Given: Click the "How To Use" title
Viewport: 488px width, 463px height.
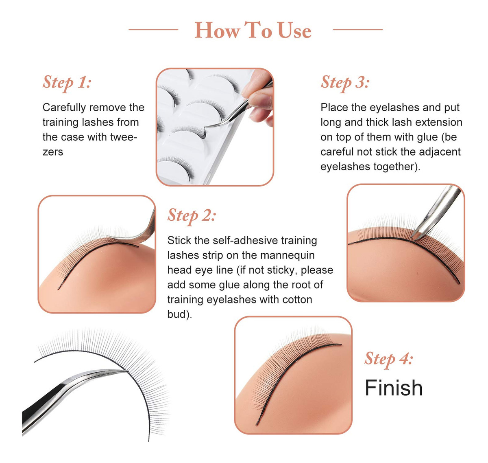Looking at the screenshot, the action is click(x=253, y=30).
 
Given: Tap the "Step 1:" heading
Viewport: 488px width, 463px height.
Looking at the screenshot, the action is click(x=67, y=82).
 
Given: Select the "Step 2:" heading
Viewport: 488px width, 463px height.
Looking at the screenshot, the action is click(x=192, y=215).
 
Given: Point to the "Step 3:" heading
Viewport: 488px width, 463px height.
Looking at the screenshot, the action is click(x=344, y=82).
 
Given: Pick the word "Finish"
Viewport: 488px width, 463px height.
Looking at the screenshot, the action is click(x=393, y=388).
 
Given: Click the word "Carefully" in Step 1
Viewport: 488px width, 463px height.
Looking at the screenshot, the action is click(x=64, y=108).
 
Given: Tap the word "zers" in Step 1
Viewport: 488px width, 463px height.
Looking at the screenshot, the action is click(x=52, y=151).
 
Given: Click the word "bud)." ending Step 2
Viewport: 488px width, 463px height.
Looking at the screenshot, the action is click(x=179, y=314).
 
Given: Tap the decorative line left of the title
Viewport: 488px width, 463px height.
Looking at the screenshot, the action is click(x=153, y=30).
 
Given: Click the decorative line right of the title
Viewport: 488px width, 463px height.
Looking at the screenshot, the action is click(x=357, y=30).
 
